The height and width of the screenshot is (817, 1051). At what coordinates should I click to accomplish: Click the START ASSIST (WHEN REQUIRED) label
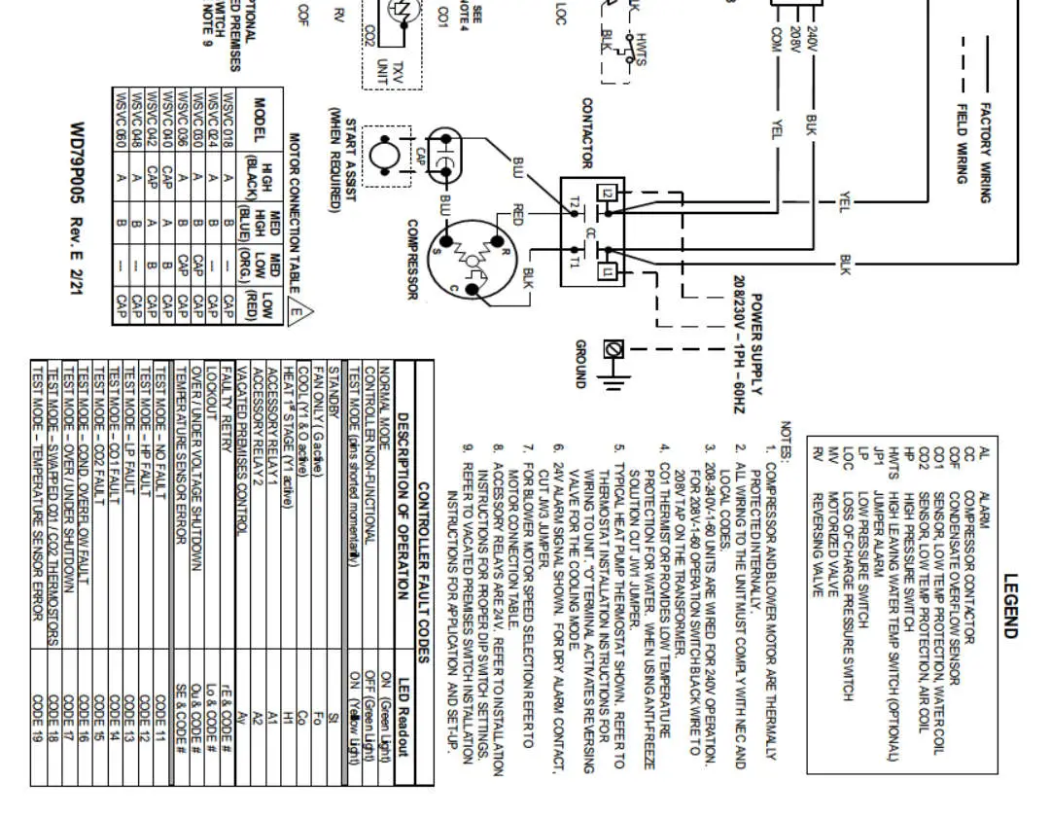(344, 160)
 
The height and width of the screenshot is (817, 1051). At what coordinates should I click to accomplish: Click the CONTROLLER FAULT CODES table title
(423, 564)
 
